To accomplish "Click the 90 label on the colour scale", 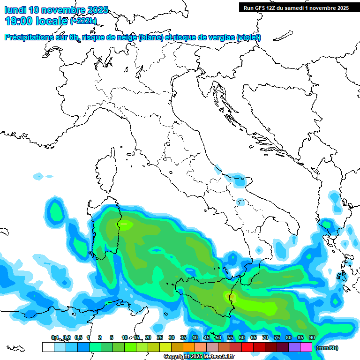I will (x=312, y=337).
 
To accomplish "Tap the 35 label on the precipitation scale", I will (x=183, y=337).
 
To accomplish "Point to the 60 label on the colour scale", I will (x=241, y=337).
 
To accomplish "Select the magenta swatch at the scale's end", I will (x=306, y=347).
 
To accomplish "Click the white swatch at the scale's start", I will (x=48, y=347).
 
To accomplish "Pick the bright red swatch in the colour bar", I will (x=247, y=347).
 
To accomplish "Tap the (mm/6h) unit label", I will (x=327, y=348).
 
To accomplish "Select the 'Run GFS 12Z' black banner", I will (x=296, y=7).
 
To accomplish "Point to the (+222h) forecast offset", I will (x=83, y=21).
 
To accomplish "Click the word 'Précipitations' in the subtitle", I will (x=29, y=37).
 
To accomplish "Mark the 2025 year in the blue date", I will (x=97, y=10).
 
